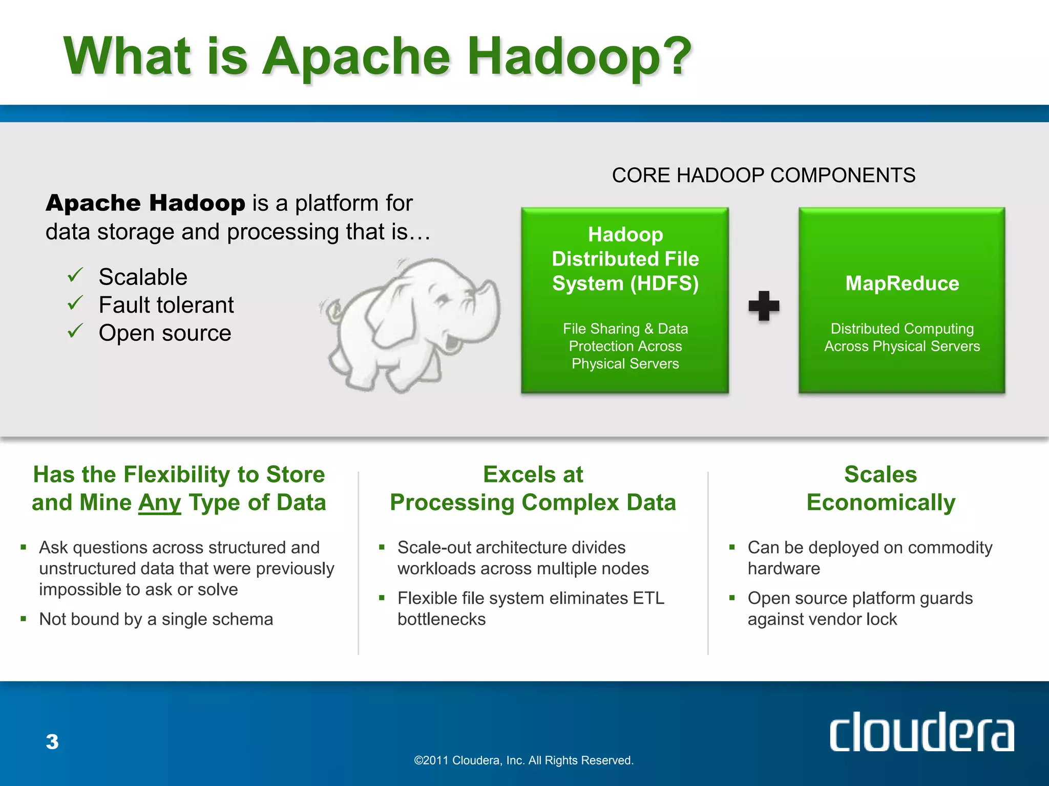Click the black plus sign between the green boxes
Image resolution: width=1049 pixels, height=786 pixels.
764,306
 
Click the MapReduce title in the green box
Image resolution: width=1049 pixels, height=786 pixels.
902,283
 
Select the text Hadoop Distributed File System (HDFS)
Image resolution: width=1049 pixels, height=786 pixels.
625,259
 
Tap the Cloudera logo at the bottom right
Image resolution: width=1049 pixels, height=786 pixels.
921,732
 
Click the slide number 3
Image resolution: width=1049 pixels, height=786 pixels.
52,741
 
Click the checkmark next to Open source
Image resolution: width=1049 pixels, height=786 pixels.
75,331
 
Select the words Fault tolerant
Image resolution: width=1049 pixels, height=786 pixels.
166,305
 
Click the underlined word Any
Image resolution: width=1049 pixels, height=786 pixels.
159,503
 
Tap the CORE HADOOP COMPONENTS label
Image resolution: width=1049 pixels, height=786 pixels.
763,176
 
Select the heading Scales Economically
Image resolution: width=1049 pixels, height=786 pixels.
880,488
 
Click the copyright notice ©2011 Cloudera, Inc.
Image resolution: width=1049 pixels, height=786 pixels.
523,760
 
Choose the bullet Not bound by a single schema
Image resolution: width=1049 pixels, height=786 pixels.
156,619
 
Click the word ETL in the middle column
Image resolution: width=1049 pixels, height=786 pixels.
648,598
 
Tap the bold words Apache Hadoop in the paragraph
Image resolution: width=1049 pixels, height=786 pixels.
145,203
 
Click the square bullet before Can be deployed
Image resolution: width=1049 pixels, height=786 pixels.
732,547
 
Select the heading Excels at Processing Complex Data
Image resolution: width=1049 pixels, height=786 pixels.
533,488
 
